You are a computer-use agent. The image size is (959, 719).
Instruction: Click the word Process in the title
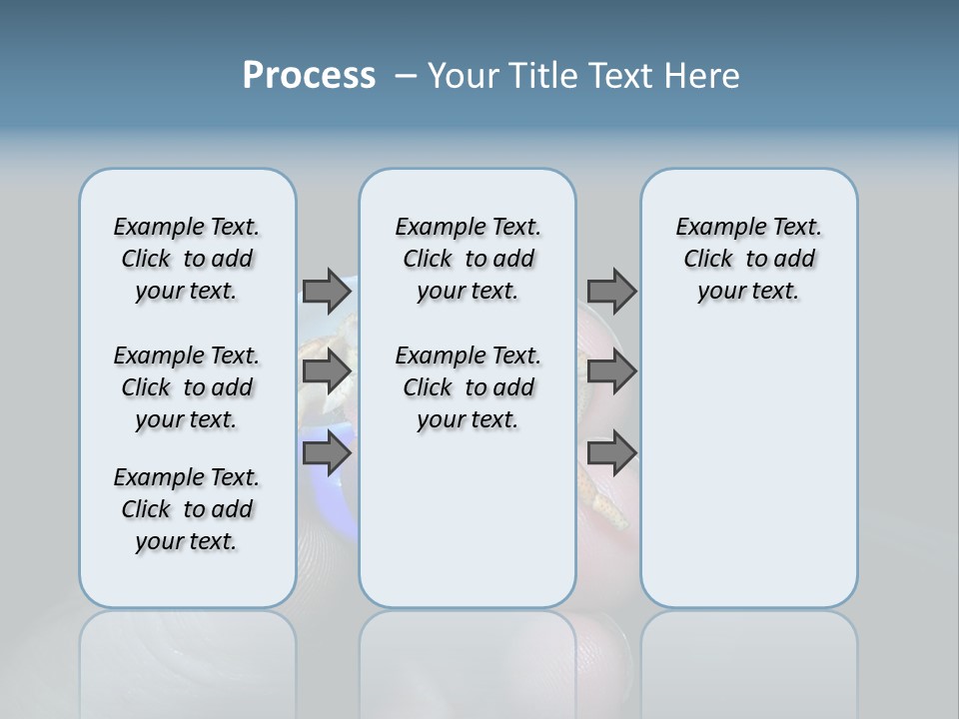(x=309, y=75)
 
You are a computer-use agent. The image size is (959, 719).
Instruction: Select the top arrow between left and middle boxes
(x=326, y=291)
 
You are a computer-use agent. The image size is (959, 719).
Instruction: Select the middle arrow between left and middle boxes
(x=326, y=371)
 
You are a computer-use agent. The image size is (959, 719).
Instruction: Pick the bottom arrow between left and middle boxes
(x=326, y=453)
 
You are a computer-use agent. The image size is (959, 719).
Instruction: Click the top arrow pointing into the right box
(x=611, y=291)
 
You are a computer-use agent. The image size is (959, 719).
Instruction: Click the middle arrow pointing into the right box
(x=611, y=371)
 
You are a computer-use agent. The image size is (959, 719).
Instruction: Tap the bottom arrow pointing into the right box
(x=611, y=453)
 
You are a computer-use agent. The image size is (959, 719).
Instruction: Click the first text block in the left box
(x=187, y=259)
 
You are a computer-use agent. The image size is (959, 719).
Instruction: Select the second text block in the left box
(x=187, y=387)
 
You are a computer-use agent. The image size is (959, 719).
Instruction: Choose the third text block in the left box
(x=187, y=509)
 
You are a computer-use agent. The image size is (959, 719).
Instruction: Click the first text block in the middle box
(x=468, y=259)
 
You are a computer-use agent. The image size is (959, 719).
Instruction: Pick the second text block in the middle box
(x=468, y=387)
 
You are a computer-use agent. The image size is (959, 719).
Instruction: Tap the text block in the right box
(x=748, y=259)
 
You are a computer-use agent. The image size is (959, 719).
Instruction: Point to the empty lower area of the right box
(x=748, y=469)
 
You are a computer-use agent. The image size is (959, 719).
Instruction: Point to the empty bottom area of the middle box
(x=468, y=529)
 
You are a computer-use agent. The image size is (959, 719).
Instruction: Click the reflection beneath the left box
(x=187, y=659)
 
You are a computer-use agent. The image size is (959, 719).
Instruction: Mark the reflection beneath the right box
(x=748, y=659)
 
